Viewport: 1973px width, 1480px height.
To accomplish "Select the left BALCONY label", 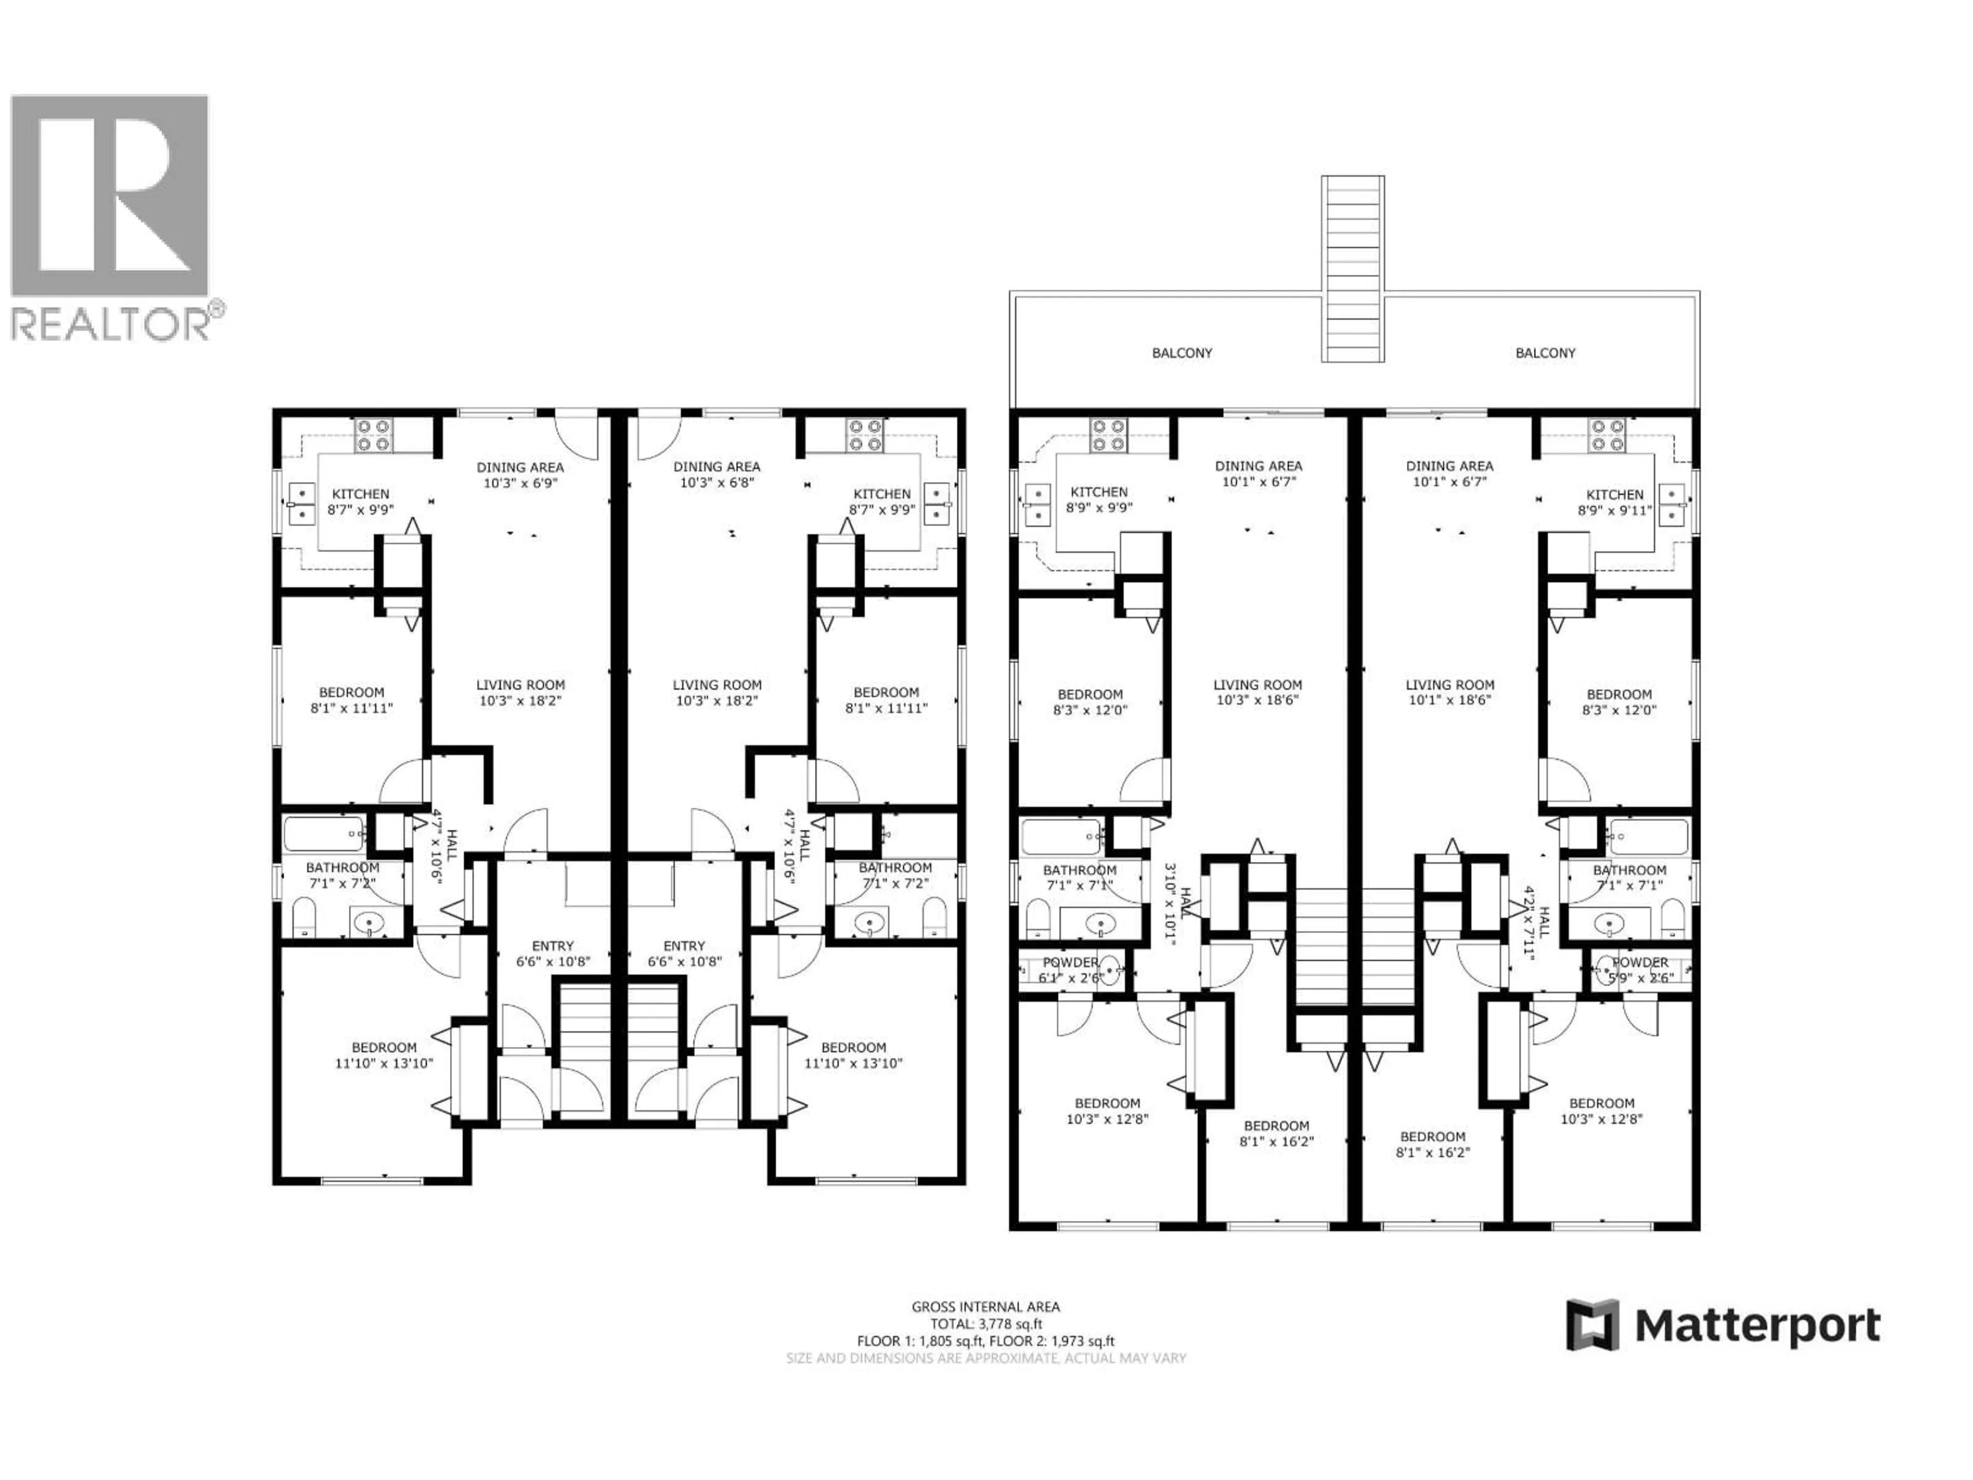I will coord(1182,353).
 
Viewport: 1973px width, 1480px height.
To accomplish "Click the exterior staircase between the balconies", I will coord(1352,268).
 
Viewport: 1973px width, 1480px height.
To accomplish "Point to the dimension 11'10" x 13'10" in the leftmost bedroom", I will coord(384,1063).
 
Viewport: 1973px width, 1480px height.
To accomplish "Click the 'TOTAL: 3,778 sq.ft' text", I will coord(985,1324).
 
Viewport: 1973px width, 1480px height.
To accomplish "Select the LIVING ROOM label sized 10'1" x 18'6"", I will coord(1449,692).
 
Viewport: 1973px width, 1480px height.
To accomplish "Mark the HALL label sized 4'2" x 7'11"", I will coord(1536,921).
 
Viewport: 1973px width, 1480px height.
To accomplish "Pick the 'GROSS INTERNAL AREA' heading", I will coord(985,1307).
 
